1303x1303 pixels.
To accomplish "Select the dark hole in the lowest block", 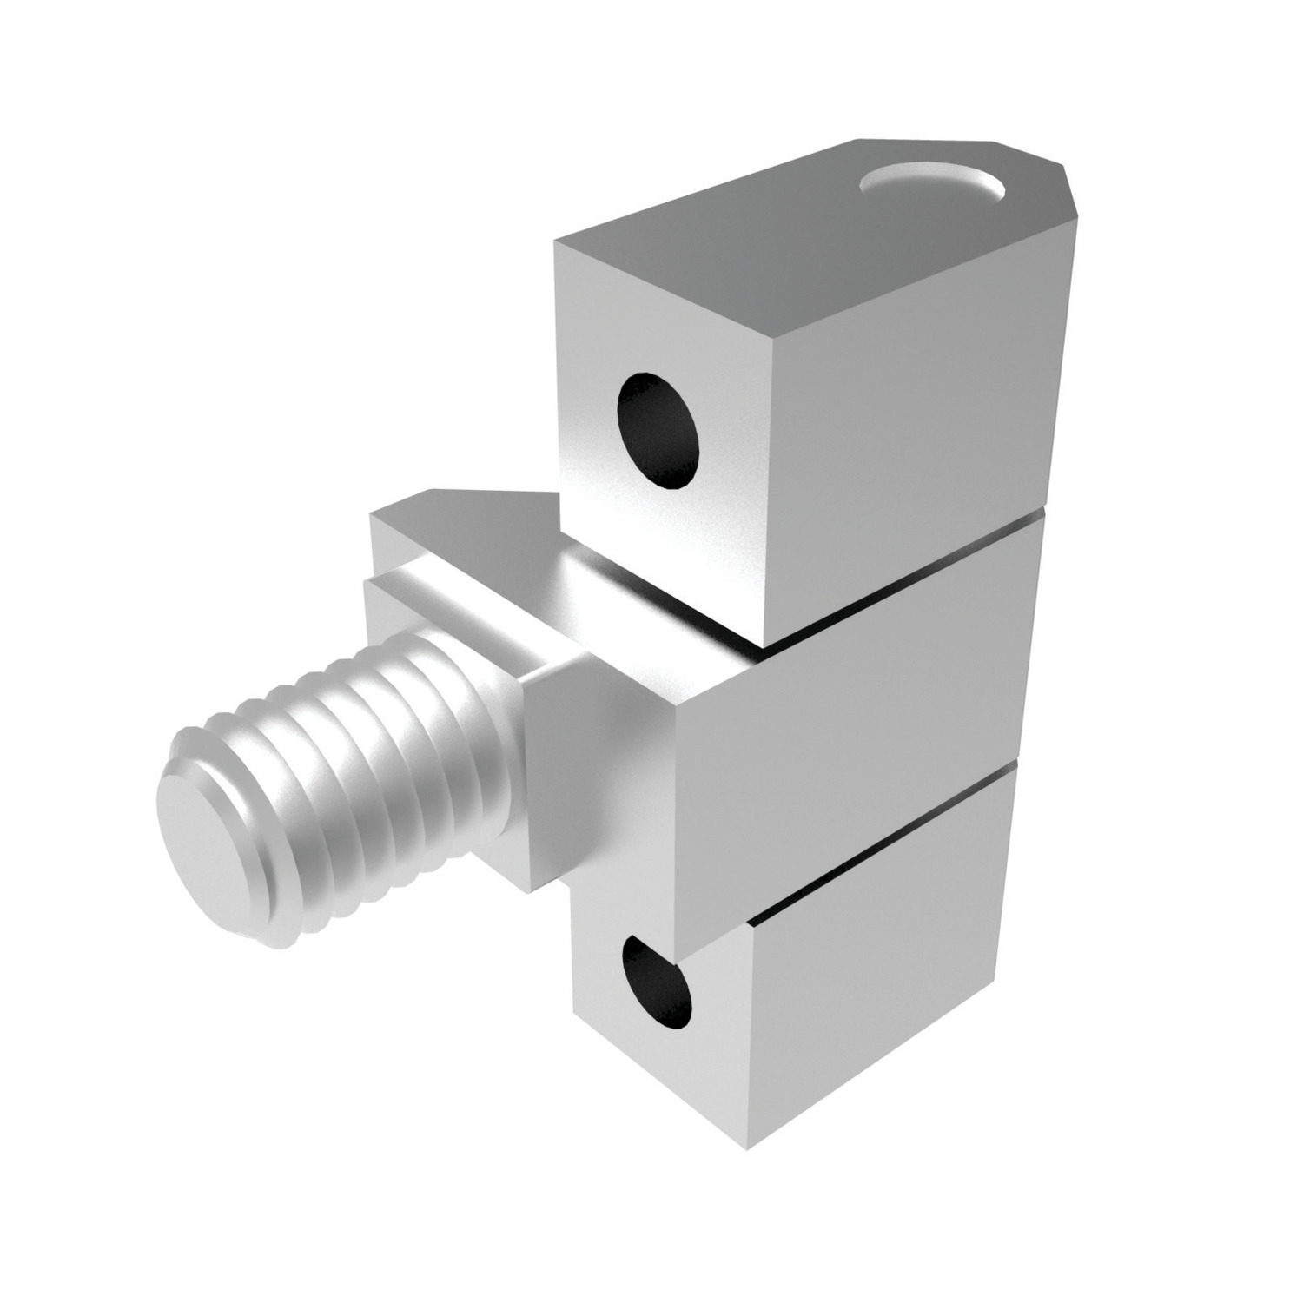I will tap(657, 984).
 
